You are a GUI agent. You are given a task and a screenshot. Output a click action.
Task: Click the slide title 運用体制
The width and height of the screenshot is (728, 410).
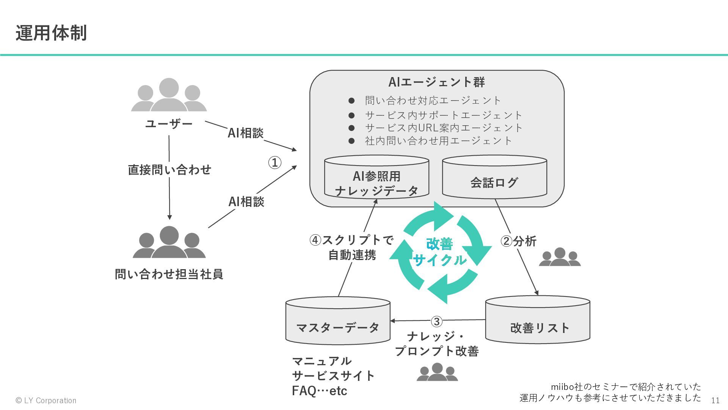(51, 33)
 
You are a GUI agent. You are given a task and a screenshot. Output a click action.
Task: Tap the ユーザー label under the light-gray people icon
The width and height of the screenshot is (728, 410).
(169, 124)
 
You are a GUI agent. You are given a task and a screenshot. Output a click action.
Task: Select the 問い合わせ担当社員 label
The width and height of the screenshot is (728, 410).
(169, 274)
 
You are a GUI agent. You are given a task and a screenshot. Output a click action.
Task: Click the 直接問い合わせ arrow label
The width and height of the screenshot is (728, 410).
(169, 169)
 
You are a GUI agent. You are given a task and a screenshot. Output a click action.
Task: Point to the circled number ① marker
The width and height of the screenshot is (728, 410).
(275, 163)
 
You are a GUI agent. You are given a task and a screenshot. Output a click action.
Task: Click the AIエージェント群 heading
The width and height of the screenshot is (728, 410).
(436, 82)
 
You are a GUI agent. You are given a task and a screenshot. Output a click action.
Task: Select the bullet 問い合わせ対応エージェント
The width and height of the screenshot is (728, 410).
(433, 101)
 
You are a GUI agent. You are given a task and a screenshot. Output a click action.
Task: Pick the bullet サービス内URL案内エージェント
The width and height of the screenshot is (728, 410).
(444, 128)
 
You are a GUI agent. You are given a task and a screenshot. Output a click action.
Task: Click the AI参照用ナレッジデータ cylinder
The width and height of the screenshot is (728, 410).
(377, 178)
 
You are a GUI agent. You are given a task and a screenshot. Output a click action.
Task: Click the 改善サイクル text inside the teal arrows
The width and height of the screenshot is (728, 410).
(440, 252)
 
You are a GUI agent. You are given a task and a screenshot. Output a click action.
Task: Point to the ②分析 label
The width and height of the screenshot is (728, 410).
(518, 241)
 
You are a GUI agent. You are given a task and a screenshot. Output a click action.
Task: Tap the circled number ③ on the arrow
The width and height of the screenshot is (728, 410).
(436, 322)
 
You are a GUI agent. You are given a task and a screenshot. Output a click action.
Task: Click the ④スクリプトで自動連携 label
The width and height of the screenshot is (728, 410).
(352, 247)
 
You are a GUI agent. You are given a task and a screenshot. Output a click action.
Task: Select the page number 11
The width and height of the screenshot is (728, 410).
(715, 401)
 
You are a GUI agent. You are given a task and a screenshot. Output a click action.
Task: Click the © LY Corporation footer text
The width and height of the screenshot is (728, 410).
(46, 401)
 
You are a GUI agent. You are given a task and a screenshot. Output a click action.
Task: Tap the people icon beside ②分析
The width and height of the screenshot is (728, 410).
(560, 257)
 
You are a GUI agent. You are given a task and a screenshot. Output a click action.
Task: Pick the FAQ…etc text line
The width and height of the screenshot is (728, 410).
(319, 391)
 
